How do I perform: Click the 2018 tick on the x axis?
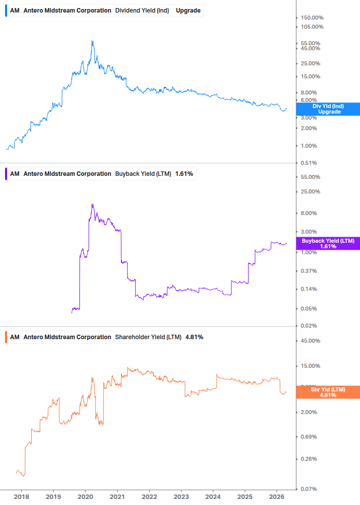21,496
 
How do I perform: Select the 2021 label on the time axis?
117,496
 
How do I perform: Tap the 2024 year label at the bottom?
213,496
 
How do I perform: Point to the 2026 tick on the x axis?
277,496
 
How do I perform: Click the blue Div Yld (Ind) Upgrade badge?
328,109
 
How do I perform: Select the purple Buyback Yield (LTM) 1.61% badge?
328,244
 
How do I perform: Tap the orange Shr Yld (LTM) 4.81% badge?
328,392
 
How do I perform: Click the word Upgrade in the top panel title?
188,11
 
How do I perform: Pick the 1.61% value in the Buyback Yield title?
184,174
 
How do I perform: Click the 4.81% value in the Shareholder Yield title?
194,337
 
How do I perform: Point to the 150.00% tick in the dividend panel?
312,18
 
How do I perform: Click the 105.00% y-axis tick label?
312,27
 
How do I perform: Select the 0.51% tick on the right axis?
310,163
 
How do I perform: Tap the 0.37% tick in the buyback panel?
310,271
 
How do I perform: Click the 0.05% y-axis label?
310,309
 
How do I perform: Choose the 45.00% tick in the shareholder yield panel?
310,341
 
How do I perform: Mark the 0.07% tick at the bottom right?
310,489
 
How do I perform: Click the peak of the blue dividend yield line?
92,41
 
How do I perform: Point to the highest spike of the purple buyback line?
92,204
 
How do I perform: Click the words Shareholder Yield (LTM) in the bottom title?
148,337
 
